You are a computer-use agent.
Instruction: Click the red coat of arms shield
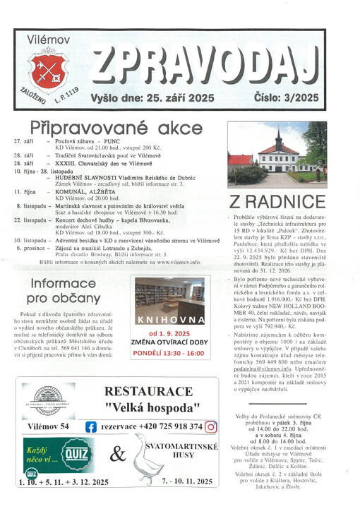pos(47,72)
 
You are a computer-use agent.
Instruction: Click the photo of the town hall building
pos(277,154)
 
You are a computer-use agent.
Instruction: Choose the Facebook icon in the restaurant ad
pos(91,426)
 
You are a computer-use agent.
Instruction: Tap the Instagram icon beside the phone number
pos(210,426)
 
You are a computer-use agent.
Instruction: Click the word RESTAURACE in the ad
pos(148,391)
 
